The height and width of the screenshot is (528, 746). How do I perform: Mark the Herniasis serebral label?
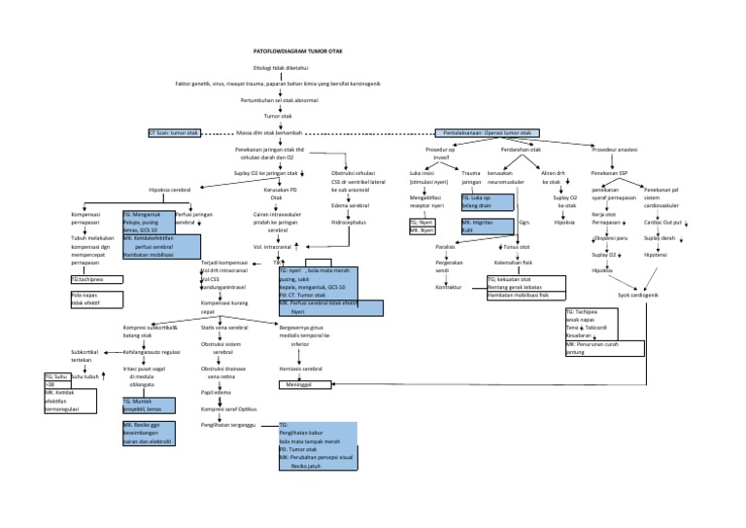[x=300, y=370]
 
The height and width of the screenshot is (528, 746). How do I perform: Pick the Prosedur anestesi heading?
[x=616, y=149]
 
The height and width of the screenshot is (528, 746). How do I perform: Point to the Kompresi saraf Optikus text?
[x=227, y=408]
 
